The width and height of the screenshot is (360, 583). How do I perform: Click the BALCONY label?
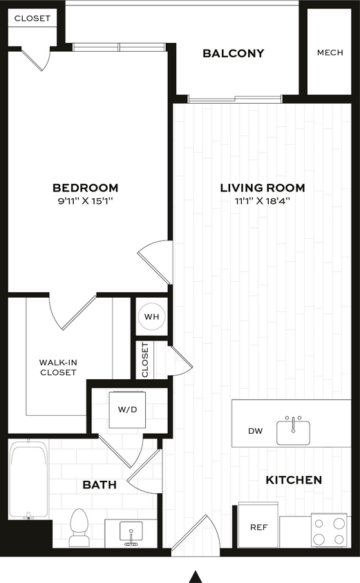pos(233,53)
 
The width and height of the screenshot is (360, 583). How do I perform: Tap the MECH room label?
pos(330,53)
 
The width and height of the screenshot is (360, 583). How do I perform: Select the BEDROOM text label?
pos(86,188)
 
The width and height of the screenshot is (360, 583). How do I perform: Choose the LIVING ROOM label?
pos(262,188)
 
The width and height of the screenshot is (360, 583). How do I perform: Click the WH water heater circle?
pos(151,317)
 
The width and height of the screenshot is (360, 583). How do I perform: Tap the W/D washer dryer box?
pos(127,410)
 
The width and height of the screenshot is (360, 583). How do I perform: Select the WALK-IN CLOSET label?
pos(57,367)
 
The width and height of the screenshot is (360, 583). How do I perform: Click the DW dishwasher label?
pos(256,431)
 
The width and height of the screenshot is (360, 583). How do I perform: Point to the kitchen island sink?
pos(294,431)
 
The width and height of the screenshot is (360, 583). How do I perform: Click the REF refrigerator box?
pos(258,527)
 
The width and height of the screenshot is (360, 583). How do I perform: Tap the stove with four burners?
pos(328,531)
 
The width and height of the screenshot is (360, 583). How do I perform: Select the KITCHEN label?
pos(294,479)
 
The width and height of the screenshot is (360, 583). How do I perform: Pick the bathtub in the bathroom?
pos(29,481)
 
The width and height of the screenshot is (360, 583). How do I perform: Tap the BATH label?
pos(100,486)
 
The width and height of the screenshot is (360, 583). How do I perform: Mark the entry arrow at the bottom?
pos(196,575)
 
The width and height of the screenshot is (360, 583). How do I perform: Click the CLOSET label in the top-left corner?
pos(32,19)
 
